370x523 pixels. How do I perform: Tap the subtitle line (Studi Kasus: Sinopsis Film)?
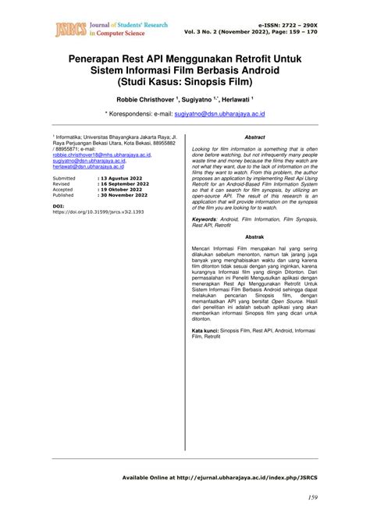click(185, 80)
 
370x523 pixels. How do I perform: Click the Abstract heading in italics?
click(254, 137)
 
